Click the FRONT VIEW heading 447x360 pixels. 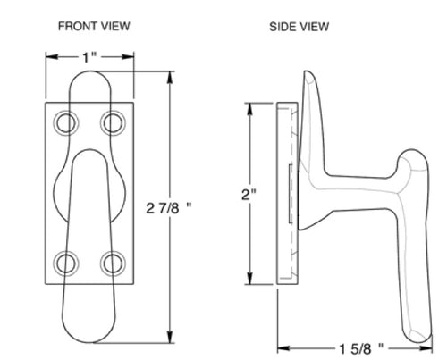94,26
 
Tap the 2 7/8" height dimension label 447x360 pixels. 170,208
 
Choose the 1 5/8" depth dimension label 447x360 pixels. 359,345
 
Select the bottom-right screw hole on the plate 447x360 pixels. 113,262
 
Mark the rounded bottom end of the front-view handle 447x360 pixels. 89,338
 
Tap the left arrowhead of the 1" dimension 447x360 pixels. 48,61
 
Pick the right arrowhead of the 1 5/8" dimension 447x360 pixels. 437,345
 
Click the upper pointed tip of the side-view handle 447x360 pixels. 308,73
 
